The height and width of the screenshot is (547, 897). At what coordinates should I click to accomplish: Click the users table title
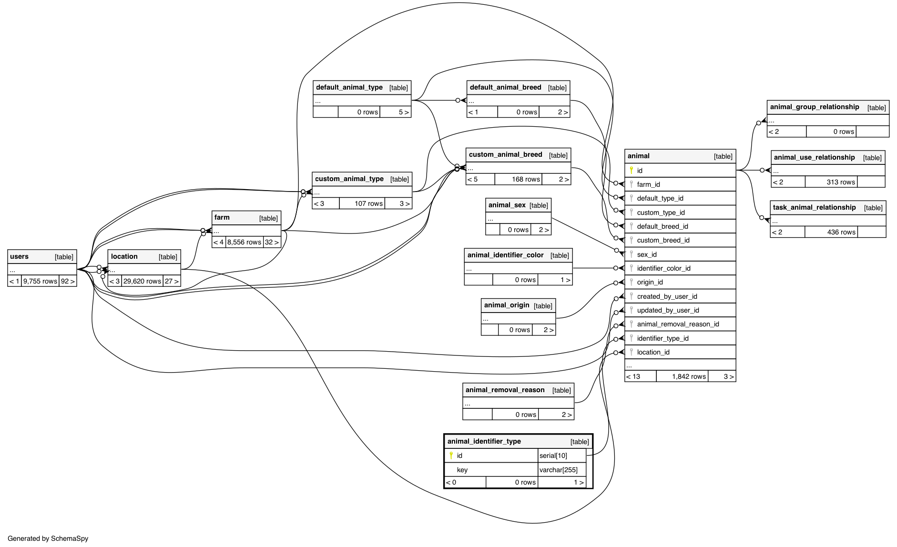tap(20, 257)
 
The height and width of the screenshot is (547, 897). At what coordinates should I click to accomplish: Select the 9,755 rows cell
tap(40, 281)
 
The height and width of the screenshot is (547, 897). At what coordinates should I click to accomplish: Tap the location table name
tap(124, 257)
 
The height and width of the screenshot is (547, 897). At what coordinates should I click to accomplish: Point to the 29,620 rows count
tap(142, 281)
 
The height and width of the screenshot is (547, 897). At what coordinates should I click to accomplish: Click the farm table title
tap(222, 218)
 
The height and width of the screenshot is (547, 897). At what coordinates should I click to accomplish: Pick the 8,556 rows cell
tap(244, 242)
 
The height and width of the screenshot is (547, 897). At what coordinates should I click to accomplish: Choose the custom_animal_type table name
tap(349, 179)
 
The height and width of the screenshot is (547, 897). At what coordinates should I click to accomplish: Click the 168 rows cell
tap(526, 179)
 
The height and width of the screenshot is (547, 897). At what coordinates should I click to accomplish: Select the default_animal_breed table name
tap(505, 88)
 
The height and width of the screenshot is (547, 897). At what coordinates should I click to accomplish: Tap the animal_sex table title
tap(507, 205)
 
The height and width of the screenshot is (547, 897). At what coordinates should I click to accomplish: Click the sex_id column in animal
tap(647, 254)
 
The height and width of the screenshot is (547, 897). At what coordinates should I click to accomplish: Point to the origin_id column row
tap(650, 282)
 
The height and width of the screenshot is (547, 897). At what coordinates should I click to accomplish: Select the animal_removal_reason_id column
tap(678, 324)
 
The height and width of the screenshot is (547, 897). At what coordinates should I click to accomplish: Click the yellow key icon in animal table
tap(632, 170)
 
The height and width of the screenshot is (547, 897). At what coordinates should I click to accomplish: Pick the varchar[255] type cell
tap(558, 470)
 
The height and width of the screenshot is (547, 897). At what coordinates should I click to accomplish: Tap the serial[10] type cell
tap(553, 456)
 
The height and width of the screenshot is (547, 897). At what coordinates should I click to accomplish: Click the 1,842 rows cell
tap(689, 376)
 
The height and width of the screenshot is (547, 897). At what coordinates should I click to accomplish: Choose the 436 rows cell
tap(841, 232)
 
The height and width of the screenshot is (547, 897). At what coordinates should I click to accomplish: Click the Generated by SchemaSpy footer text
tap(48, 538)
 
